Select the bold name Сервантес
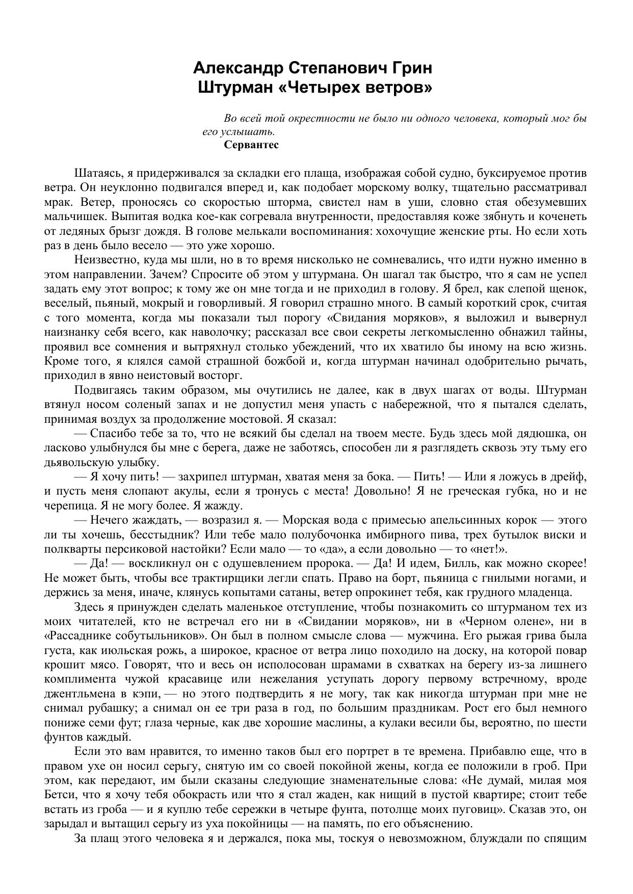click(x=251, y=145)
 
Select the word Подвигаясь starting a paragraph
click(x=102, y=390)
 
